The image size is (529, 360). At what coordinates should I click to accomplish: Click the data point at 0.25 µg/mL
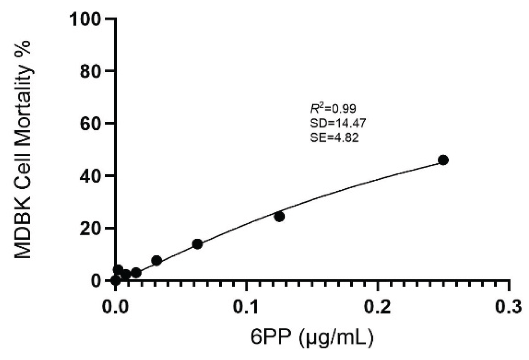coord(443,160)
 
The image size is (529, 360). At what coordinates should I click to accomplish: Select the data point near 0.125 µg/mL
coord(279,217)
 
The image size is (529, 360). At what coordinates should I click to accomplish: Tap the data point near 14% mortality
coord(197,244)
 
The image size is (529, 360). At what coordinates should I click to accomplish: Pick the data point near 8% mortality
coord(157,260)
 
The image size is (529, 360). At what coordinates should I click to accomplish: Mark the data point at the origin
coord(116,280)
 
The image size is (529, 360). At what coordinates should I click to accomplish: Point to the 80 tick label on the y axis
coord(91,71)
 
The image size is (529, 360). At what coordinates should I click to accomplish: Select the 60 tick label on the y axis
coord(91,124)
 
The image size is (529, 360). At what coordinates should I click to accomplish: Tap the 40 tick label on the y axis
coord(91,176)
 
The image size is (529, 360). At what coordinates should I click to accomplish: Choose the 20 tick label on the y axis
coord(91,228)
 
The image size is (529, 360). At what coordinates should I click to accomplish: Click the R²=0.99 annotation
coord(333,108)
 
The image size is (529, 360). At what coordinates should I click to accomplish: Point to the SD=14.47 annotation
coord(338,123)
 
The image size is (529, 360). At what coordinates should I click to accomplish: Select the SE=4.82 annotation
coord(334,138)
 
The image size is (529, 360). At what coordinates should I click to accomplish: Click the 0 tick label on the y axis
coord(96,281)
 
